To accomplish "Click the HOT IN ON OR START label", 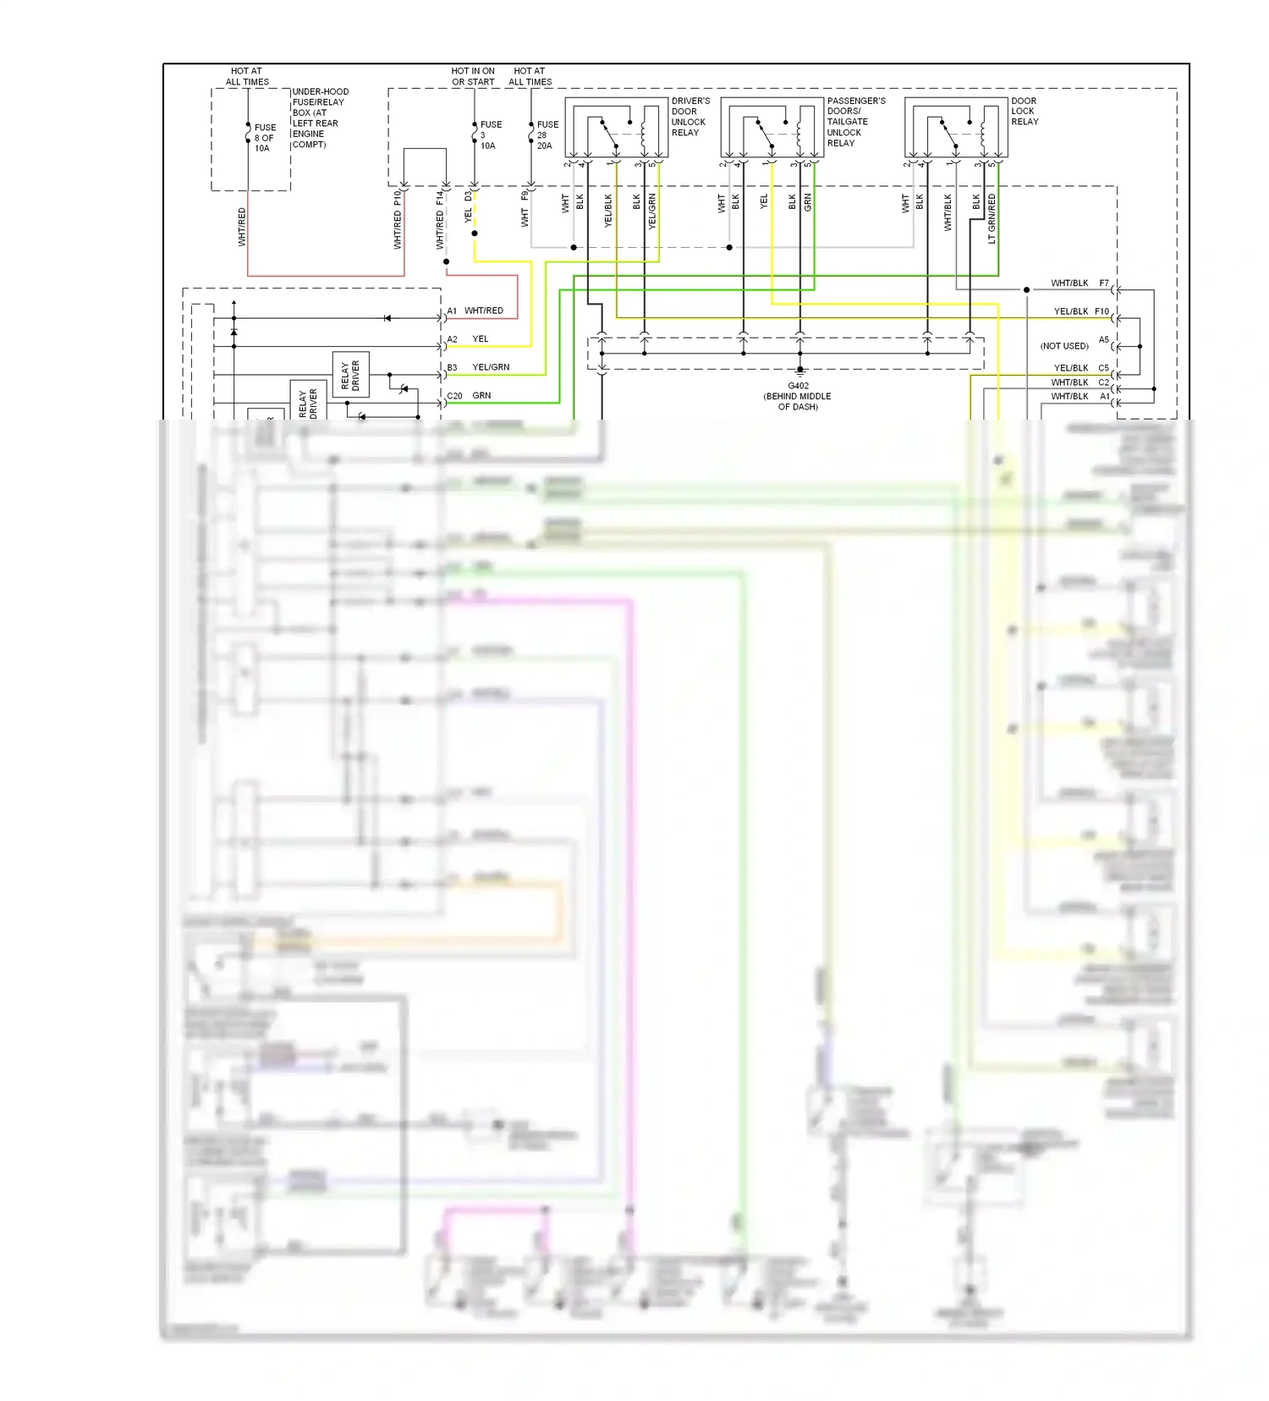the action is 473,77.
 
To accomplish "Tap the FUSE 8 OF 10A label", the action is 265,138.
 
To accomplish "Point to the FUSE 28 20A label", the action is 547,135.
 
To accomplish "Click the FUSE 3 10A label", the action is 490,135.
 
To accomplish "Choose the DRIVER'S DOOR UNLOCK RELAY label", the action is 689,117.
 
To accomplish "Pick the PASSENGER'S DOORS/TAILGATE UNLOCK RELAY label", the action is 855,122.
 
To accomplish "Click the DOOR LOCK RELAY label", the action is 1025,111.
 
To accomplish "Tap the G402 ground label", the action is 798,396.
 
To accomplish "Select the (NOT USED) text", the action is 1064,346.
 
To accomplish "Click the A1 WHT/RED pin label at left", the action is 475,310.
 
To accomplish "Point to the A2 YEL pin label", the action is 468,339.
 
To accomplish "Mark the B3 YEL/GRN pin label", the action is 478,367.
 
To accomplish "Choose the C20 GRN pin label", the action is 469,396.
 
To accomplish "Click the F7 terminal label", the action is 1103,283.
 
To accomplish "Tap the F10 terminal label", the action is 1101,311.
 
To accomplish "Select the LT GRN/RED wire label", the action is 992,219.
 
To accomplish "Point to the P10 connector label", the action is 398,198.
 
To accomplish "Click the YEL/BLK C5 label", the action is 1081,368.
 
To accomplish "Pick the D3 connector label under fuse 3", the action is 468,196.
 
